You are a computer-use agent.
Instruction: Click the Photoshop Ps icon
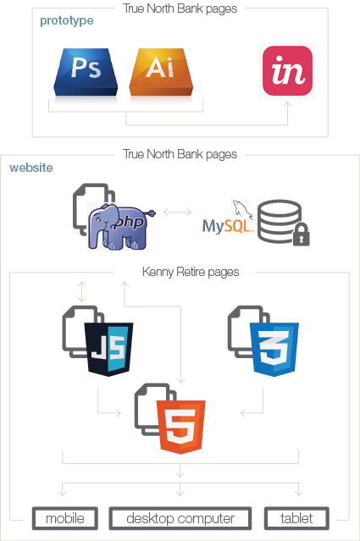86,72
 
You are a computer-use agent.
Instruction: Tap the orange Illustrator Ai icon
161,72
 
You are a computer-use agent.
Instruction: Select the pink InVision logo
287,71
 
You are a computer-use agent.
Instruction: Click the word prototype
67,21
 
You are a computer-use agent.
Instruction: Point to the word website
31,168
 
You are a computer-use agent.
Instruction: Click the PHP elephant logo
121,226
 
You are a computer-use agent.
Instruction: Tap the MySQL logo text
228,226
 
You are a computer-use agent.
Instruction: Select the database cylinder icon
280,221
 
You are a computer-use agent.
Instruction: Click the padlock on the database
302,235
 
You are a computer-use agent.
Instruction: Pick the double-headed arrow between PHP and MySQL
177,213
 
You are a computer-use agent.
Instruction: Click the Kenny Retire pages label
191,273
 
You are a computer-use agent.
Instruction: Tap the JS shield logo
108,349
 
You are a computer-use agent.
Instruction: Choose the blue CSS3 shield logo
274,349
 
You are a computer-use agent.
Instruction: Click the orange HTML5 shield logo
181,427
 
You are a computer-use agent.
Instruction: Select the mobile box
65,518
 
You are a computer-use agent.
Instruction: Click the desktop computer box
180,518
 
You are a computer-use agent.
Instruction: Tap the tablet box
296,518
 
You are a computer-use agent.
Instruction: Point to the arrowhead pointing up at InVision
287,104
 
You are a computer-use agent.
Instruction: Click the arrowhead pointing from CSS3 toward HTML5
243,412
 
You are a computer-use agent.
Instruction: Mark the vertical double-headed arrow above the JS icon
81,292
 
